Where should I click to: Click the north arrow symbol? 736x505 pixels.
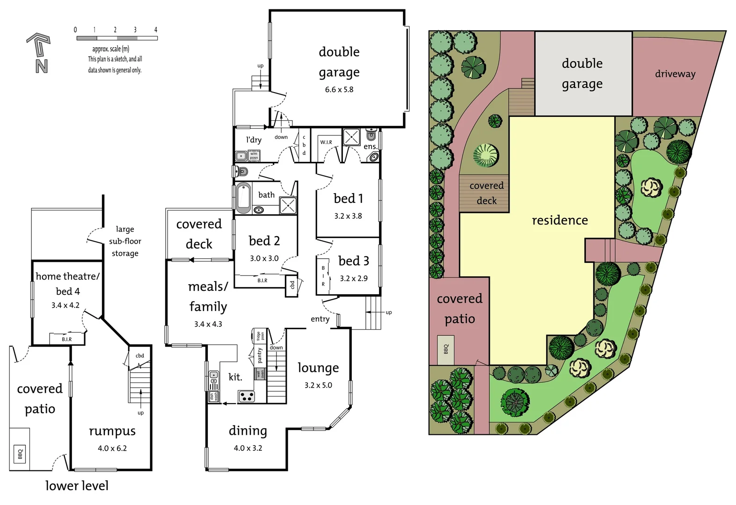click(x=40, y=52)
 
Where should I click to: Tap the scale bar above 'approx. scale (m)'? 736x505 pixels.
click(x=117, y=38)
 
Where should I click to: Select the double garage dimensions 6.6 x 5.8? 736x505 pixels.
click(x=339, y=89)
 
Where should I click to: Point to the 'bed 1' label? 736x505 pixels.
click(x=348, y=198)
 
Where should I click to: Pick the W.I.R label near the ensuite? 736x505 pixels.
click(x=326, y=142)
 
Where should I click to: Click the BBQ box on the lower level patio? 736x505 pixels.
click(x=20, y=454)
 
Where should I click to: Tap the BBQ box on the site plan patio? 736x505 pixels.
click(x=445, y=349)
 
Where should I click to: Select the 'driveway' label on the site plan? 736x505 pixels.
click(x=675, y=74)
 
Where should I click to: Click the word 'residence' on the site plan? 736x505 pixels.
click(x=560, y=220)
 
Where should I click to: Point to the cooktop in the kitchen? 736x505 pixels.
click(x=247, y=397)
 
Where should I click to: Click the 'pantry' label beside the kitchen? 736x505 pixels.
click(x=260, y=355)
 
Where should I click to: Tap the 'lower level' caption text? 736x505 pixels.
click(x=77, y=486)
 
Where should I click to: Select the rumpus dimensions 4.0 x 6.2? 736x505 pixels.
click(x=112, y=448)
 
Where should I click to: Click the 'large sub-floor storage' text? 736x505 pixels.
click(x=125, y=241)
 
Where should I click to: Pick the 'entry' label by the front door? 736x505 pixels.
click(x=320, y=319)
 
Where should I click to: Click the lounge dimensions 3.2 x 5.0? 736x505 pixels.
click(x=318, y=385)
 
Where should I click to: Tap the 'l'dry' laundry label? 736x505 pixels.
click(x=254, y=139)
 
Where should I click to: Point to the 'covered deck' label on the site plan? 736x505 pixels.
click(x=487, y=193)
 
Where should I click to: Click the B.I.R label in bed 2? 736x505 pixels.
click(x=262, y=281)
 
